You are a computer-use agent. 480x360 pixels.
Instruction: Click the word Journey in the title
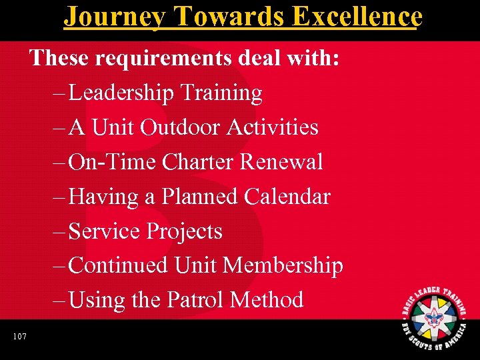coord(114,16)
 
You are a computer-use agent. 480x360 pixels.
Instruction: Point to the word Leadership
coord(120,93)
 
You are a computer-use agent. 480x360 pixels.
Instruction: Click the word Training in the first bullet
coord(219,93)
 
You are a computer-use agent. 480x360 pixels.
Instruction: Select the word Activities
coord(273,127)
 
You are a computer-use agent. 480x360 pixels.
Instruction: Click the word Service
coord(105,231)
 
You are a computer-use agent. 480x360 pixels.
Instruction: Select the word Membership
coord(283,266)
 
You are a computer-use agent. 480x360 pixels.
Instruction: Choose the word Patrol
coord(195,300)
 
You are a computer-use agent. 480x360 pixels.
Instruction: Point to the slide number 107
coord(19,337)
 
